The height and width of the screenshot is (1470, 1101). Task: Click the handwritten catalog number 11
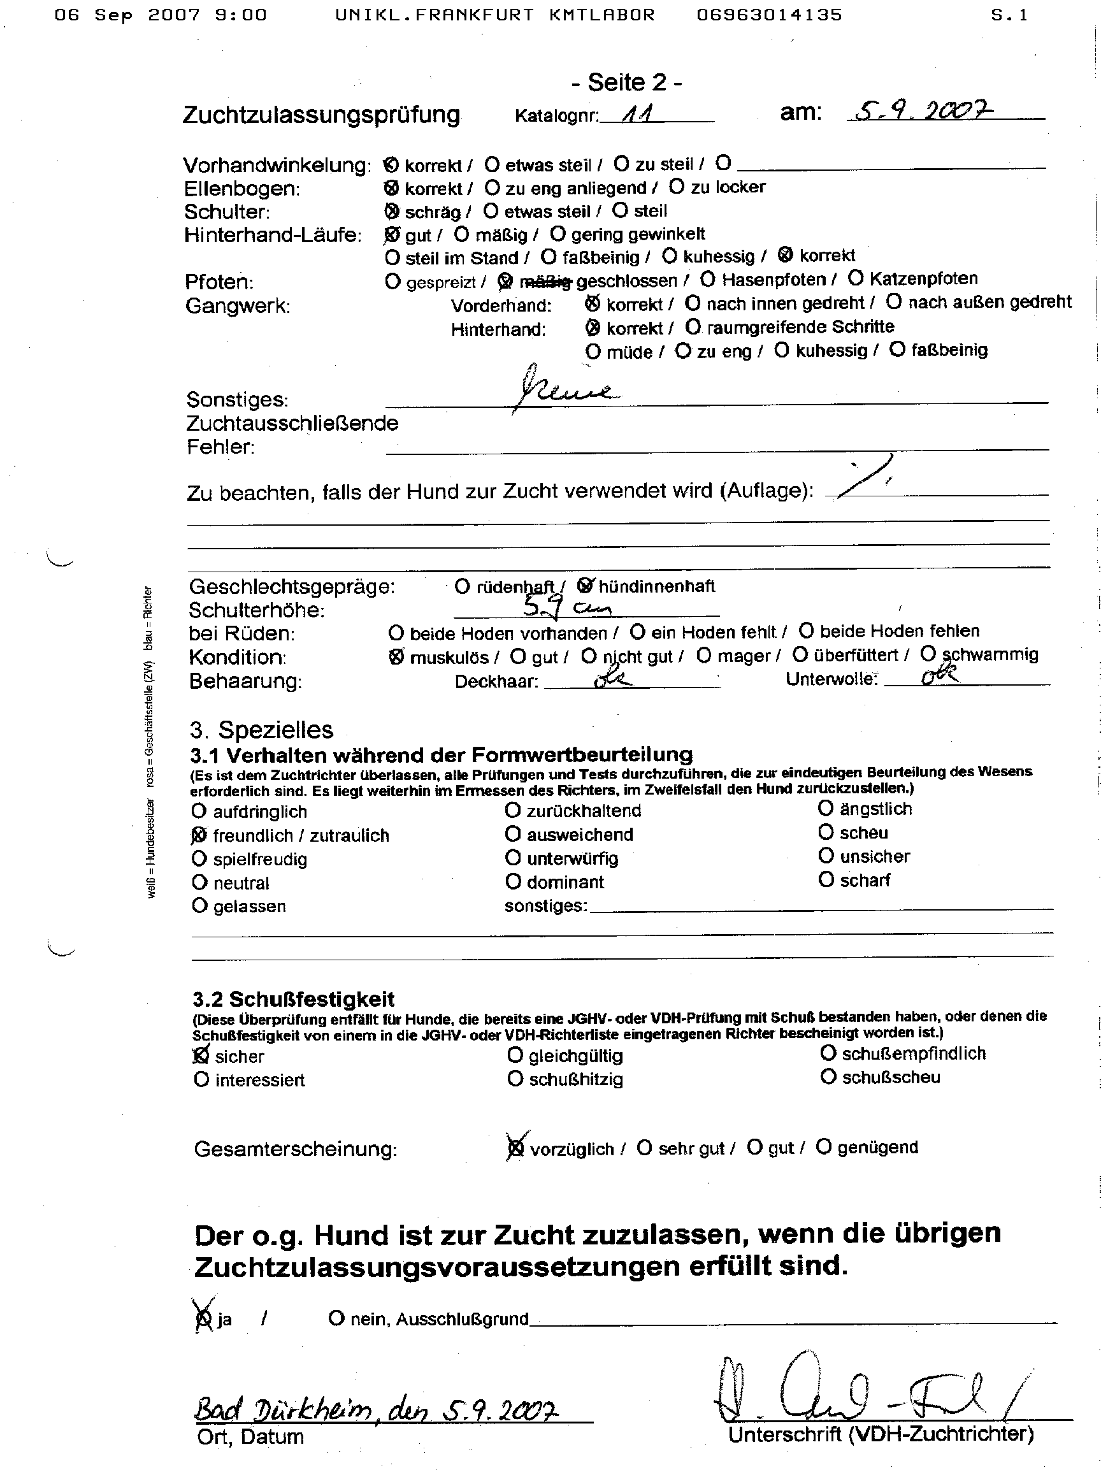(637, 114)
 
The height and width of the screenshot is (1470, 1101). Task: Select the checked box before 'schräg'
(392, 212)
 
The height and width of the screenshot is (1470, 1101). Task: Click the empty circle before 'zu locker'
(677, 187)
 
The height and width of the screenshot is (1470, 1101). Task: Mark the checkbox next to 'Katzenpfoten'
(856, 278)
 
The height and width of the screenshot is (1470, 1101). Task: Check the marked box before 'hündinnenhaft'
(586, 586)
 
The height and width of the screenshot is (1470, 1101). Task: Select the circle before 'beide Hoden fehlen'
(806, 630)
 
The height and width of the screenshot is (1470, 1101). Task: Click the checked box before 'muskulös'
(396, 656)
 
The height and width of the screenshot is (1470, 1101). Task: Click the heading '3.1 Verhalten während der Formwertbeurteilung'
(441, 755)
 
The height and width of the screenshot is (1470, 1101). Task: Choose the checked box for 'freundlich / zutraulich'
(199, 835)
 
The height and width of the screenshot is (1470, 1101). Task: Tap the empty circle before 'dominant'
(512, 881)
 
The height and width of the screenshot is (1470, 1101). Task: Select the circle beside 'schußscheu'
(827, 1077)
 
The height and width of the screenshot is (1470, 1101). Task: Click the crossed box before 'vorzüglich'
(515, 1147)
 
